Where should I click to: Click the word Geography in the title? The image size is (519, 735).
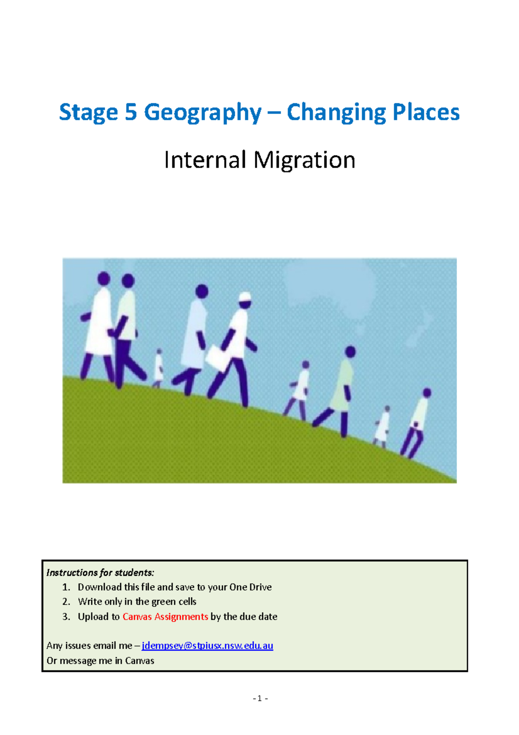pyautogui.click(x=202, y=113)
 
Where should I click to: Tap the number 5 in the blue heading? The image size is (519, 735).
pyautogui.click(x=131, y=112)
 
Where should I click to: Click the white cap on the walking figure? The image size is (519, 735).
pyautogui.click(x=245, y=297)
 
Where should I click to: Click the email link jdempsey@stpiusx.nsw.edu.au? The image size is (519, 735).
pyautogui.click(x=207, y=645)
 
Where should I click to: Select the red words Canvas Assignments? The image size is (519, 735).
pyautogui.click(x=165, y=616)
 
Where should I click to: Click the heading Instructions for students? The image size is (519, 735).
pyautogui.click(x=100, y=573)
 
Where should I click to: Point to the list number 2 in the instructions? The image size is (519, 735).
pyautogui.click(x=66, y=602)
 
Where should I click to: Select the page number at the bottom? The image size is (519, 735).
pyautogui.click(x=260, y=698)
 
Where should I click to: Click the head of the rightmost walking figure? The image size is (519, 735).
pyautogui.click(x=427, y=393)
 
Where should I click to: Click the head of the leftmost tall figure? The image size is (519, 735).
pyautogui.click(x=104, y=278)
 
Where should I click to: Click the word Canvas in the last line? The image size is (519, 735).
pyautogui.click(x=139, y=661)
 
